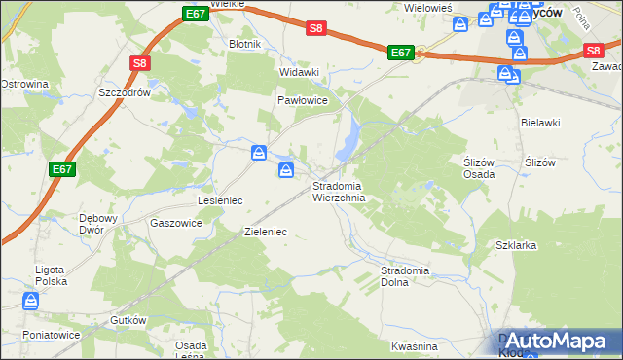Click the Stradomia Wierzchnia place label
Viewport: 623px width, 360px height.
[338, 192]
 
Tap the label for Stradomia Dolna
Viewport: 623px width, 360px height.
[407, 275]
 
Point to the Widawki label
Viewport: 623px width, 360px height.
[299, 72]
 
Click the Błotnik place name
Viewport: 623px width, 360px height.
[243, 44]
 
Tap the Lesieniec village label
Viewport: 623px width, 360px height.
[219, 199]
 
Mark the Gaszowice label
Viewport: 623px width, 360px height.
[176, 222]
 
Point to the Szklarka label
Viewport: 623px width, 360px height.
[516, 245]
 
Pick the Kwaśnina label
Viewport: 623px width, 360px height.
[414, 346]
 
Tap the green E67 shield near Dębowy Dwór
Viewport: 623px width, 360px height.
[63, 169]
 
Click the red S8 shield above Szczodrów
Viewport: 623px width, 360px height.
[140, 63]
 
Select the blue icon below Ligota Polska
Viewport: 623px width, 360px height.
[31, 302]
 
